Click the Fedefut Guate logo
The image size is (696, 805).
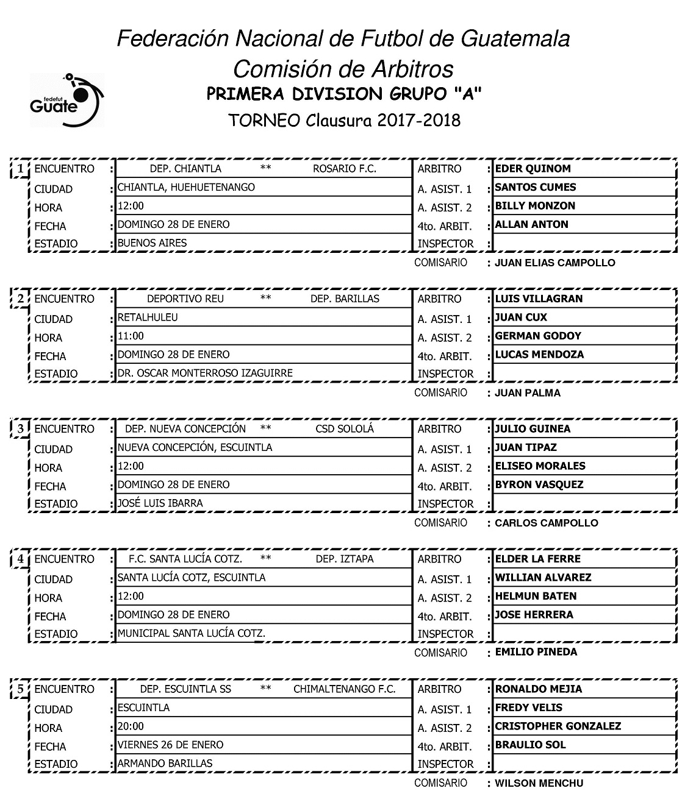(x=66, y=101)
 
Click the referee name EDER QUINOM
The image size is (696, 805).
(x=532, y=169)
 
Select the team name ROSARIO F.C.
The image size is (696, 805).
(x=344, y=169)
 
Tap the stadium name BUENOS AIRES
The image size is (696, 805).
(x=152, y=243)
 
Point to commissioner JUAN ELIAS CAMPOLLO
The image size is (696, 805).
(x=554, y=263)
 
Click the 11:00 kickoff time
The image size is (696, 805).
(x=131, y=336)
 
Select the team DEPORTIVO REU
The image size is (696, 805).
(x=185, y=299)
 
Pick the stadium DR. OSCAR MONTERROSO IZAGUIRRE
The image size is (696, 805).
(x=205, y=373)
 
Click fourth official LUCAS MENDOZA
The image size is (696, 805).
(x=539, y=355)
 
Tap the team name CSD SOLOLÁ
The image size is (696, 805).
(x=345, y=429)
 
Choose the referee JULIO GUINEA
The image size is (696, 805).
(x=533, y=429)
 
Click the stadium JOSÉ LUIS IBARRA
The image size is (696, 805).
(x=160, y=503)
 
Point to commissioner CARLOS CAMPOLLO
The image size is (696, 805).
(x=546, y=523)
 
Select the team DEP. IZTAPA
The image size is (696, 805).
(x=345, y=559)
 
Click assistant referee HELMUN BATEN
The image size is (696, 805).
(x=536, y=596)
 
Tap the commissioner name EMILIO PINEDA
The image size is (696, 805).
(x=536, y=652)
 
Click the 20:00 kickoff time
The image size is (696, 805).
(x=131, y=726)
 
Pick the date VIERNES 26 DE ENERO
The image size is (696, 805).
(x=170, y=745)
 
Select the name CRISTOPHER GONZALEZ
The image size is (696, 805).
(x=558, y=726)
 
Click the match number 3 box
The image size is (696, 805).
(x=21, y=429)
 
